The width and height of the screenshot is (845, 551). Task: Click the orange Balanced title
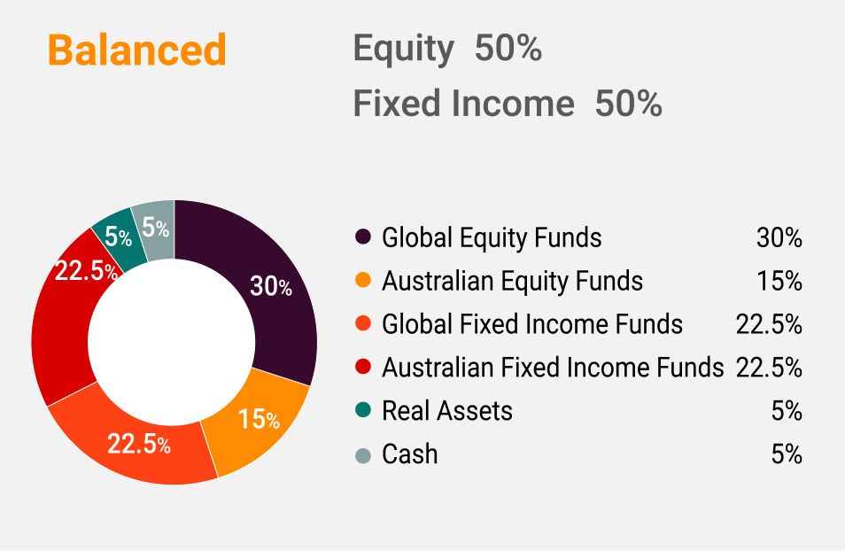tap(137, 50)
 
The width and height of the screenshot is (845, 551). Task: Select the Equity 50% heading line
tap(447, 49)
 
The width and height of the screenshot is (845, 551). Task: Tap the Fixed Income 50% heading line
tap(508, 103)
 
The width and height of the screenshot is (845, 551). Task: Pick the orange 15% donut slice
tap(259, 421)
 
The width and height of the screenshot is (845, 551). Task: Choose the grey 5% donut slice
tap(156, 229)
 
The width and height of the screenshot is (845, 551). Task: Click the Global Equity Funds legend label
tap(492, 237)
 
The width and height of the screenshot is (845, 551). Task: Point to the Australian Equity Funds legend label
tap(512, 281)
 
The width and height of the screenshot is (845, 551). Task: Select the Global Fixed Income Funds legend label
tap(532, 324)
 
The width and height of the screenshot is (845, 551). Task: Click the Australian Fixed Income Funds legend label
tap(553, 367)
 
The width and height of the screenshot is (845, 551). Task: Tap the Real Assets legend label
tap(446, 411)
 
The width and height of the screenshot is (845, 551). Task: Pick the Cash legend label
tap(409, 454)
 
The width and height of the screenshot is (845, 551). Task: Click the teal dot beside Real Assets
tap(363, 410)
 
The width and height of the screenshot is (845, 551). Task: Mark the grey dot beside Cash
tap(363, 455)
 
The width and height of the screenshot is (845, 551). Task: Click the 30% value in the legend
tap(779, 237)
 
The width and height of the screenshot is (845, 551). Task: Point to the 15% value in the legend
tap(779, 281)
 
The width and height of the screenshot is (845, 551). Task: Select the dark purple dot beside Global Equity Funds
tap(363, 237)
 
